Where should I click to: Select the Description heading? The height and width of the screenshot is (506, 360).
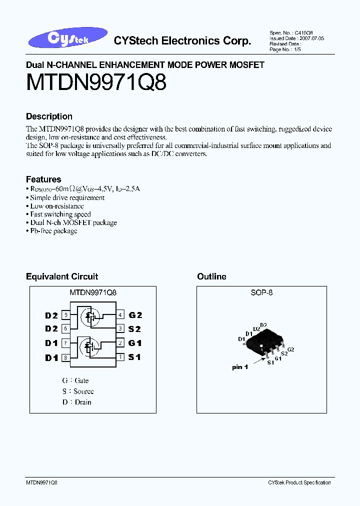(49, 116)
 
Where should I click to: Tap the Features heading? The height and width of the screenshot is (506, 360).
(43, 179)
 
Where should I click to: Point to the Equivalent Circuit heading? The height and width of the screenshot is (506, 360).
(62, 276)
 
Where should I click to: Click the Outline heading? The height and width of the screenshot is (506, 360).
(211, 276)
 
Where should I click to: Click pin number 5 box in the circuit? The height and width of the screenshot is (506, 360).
(65, 315)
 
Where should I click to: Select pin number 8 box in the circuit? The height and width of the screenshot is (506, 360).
(65, 357)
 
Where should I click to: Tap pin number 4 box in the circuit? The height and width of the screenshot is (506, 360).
(120, 315)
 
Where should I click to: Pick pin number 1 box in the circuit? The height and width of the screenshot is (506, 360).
(120, 357)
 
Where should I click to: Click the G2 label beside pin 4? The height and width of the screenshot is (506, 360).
(135, 315)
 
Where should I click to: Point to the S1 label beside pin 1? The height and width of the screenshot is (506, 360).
(134, 357)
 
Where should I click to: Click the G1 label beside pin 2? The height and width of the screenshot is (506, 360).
(135, 343)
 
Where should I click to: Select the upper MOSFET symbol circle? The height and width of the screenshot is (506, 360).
(90, 317)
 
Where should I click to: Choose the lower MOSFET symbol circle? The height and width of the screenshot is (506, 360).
(90, 346)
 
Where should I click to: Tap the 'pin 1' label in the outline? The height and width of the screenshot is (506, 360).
(240, 367)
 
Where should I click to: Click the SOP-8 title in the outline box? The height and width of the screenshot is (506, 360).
(261, 293)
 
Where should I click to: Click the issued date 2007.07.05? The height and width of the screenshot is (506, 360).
(311, 38)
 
